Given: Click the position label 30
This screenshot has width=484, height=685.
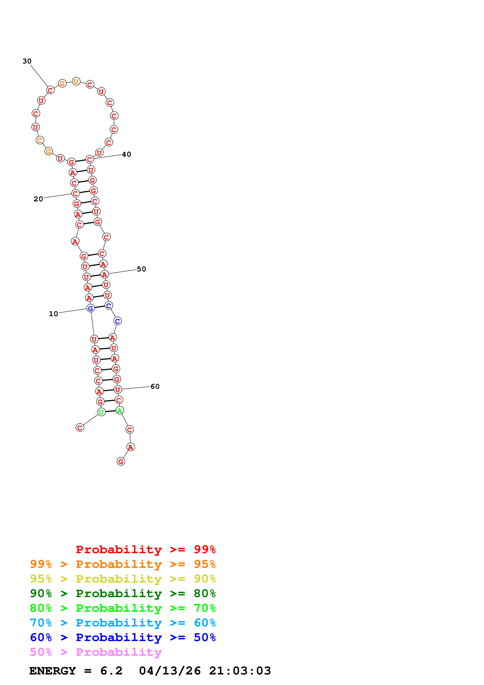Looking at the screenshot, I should pyautogui.click(x=27, y=61).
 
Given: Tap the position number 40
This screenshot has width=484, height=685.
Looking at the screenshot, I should pyautogui.click(x=127, y=154).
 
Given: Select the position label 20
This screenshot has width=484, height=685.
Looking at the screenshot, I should pyautogui.click(x=38, y=199).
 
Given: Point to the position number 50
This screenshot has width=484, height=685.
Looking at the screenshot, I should pyautogui.click(x=141, y=269).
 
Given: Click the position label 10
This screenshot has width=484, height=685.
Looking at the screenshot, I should pyautogui.click(x=53, y=314).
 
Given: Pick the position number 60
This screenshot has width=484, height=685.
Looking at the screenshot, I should pyautogui.click(x=155, y=387).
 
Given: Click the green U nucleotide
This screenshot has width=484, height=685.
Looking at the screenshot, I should pyautogui.click(x=101, y=412).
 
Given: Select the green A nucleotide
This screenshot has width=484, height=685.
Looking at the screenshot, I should pyautogui.click(x=119, y=411).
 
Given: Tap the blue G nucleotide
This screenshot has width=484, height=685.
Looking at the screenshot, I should pyautogui.click(x=91, y=309).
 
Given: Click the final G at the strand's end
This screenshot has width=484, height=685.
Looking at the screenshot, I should pyautogui.click(x=121, y=462).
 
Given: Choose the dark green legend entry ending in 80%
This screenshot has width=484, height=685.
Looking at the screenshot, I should pyautogui.click(x=123, y=593).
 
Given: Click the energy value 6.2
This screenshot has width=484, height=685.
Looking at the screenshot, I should pyautogui.click(x=111, y=671).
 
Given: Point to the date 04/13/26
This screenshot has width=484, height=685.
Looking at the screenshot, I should pyautogui.click(x=170, y=671).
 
